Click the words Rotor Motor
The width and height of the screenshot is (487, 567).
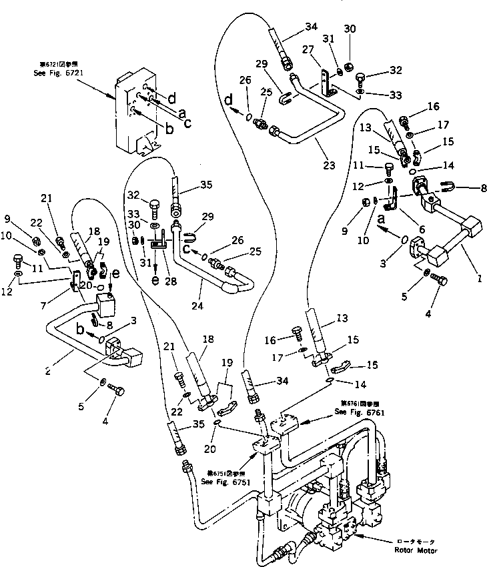(x=416, y=551)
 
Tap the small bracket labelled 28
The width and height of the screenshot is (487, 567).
(x=157, y=245)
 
